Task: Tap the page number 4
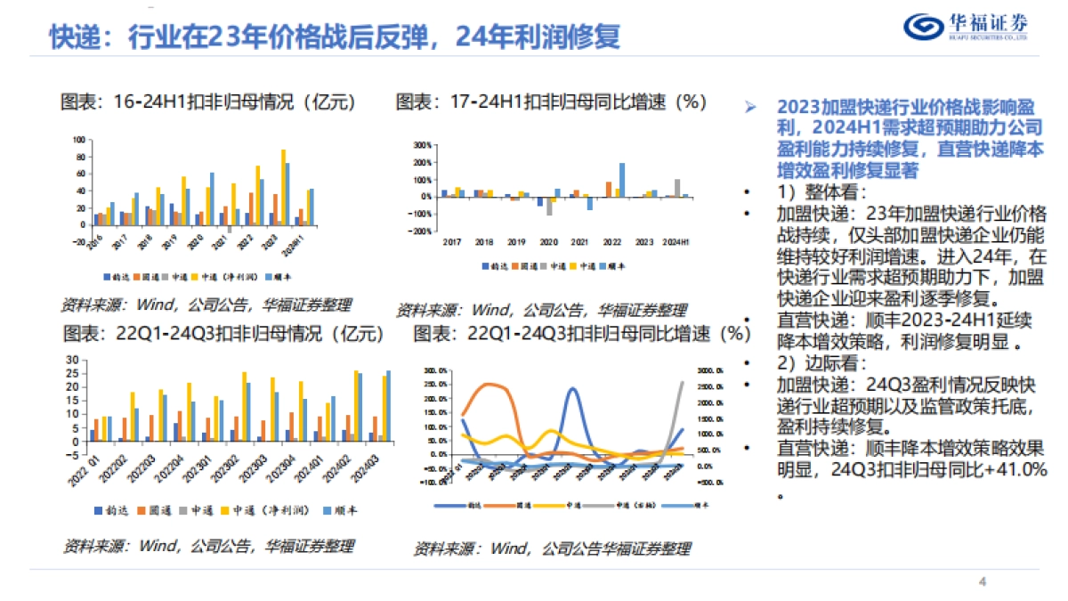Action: tap(983, 582)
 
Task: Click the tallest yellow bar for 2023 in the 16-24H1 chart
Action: tap(284, 187)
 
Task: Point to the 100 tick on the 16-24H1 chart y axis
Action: tap(79, 141)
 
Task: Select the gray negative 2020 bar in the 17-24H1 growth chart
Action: tap(549, 207)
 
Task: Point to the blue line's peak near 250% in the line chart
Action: tap(572, 389)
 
